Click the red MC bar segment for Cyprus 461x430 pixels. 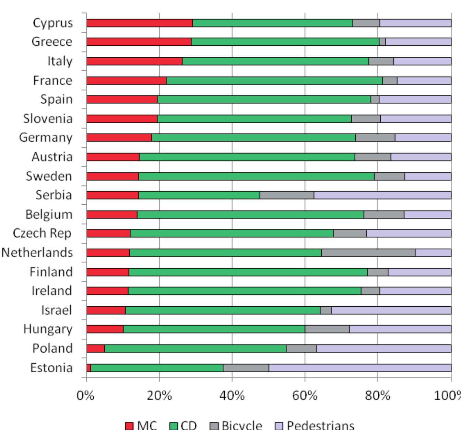139,23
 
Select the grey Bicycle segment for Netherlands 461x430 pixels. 368,253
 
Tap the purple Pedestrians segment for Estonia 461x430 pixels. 359,368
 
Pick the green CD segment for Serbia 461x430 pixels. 199,195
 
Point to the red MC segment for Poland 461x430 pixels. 95,349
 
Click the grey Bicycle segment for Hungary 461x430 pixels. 327,329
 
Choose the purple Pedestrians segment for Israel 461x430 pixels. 391,310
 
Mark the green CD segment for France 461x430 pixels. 274,81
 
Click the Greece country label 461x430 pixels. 52,42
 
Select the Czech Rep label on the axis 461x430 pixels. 42,233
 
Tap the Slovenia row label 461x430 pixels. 48,118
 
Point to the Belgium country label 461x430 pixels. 49,214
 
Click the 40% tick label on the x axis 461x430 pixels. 232,396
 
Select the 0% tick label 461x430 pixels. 85,396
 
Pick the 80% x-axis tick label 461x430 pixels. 378,396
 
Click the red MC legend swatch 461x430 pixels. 129,426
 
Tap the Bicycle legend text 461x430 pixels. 242,425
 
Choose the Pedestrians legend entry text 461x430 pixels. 320,425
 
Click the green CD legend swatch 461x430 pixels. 174,426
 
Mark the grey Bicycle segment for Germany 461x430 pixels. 375,138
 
